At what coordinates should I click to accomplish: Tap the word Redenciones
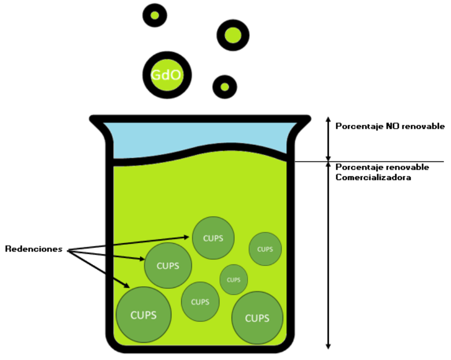pos(33,248)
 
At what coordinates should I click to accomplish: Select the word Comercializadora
pos(373,177)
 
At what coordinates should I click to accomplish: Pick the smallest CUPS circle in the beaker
pos(234,279)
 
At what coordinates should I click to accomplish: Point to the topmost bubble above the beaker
pos(155,15)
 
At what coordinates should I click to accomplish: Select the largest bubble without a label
pos(233,36)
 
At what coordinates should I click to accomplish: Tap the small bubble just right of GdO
pos(225,87)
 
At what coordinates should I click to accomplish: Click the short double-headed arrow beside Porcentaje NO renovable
pos(328,139)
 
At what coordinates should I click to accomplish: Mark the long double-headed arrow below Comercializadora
pos(328,255)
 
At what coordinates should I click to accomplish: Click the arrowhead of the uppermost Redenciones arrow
pos(186,237)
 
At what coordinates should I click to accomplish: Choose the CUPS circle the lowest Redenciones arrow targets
pos(143,315)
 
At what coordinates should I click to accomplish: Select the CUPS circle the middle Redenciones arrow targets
pos(168,265)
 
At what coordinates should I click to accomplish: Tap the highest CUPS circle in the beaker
pos(213,238)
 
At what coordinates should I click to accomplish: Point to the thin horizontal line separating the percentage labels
pos(370,161)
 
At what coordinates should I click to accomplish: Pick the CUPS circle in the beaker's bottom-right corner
pos(257,318)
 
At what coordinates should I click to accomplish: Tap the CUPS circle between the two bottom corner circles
pos(200,302)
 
